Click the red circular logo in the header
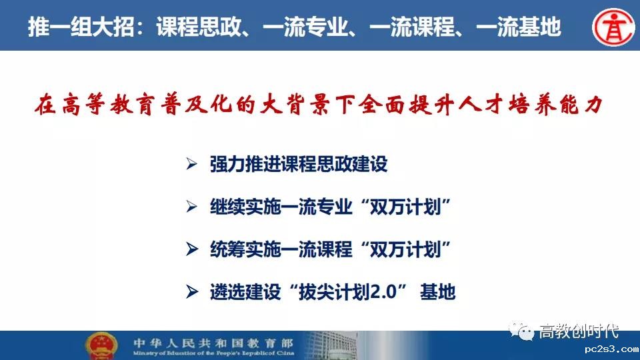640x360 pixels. pyautogui.click(x=613, y=27)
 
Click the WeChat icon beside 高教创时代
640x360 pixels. pyautogui.click(x=521, y=331)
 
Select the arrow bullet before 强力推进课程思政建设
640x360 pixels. pyautogui.click(x=192, y=164)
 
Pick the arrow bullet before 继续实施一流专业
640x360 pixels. pyautogui.click(x=192, y=207)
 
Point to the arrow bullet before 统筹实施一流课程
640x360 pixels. pyautogui.click(x=192, y=249)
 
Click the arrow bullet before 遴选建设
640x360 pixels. pyautogui.click(x=192, y=291)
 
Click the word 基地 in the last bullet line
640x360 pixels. pyautogui.click(x=437, y=292)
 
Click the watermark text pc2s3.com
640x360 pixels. pyautogui.click(x=611, y=349)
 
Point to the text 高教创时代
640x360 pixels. pyautogui.click(x=579, y=331)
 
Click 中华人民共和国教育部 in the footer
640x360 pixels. pyautogui.click(x=213, y=343)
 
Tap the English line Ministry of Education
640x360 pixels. pyautogui.click(x=213, y=353)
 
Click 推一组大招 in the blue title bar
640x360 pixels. pyautogui.click(x=81, y=27)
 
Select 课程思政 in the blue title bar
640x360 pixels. pyautogui.click(x=199, y=27)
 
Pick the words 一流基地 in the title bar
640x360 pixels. pyautogui.click(x=519, y=27)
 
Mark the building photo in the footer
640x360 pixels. pyautogui.click(x=331, y=345)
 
